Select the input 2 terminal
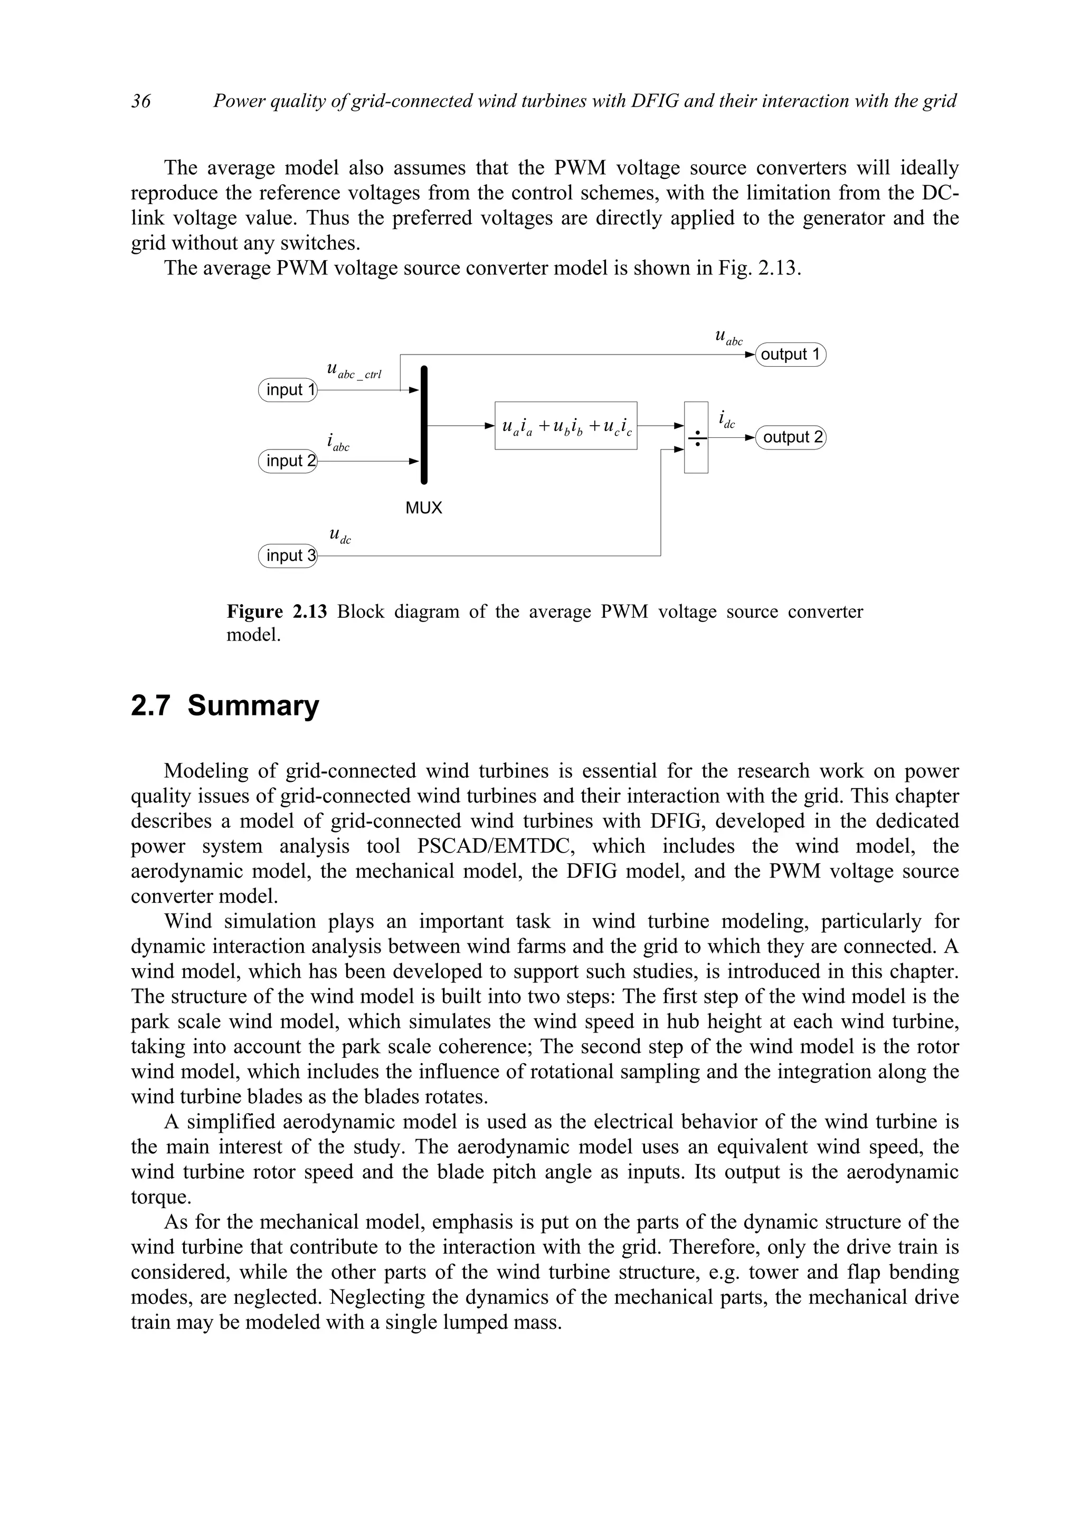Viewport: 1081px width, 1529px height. tap(288, 461)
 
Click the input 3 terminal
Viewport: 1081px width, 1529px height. tap(288, 556)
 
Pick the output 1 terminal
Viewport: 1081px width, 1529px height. tap(791, 354)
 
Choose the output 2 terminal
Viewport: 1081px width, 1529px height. tap(791, 437)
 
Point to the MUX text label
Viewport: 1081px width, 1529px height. tap(424, 508)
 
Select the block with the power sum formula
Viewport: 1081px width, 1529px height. tap(565, 426)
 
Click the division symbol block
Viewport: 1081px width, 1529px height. tap(696, 437)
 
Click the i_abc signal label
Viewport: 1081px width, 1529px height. tap(338, 442)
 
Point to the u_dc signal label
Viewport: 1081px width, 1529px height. tap(340, 536)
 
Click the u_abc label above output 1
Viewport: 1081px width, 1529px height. tap(728, 338)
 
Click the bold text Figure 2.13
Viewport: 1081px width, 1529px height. tap(277, 611)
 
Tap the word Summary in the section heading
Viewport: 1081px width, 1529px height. tap(253, 706)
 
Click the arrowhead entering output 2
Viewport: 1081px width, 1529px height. tap(750, 437)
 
